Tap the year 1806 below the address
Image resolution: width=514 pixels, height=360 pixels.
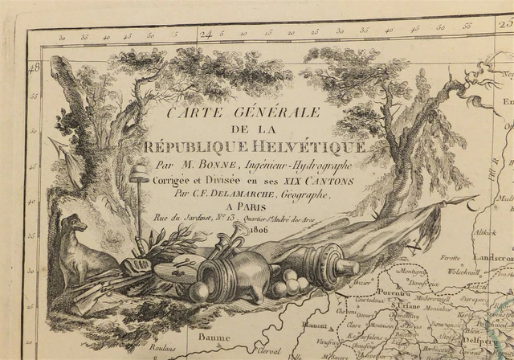click(259, 230)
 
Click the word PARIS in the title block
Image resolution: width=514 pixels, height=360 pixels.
click(260, 207)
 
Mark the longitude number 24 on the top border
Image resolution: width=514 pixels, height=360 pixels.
click(206, 35)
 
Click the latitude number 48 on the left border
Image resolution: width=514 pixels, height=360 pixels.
click(34, 68)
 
